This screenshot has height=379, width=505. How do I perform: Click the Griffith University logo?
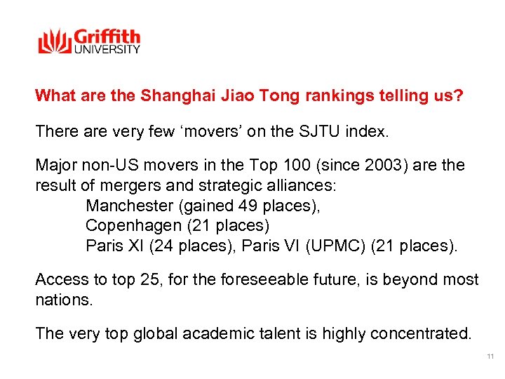tap(89, 41)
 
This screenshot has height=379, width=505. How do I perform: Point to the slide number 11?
tap(490, 357)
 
